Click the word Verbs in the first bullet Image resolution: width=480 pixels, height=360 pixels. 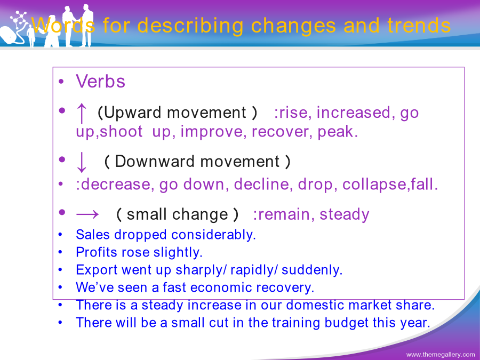tap(100, 82)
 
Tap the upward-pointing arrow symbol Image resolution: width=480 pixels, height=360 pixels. tap(82, 113)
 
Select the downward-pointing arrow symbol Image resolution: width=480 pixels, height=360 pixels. tap(82, 162)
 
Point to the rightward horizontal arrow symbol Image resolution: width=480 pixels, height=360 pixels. tap(87, 214)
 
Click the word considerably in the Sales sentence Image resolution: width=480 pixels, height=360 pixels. tap(213, 235)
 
